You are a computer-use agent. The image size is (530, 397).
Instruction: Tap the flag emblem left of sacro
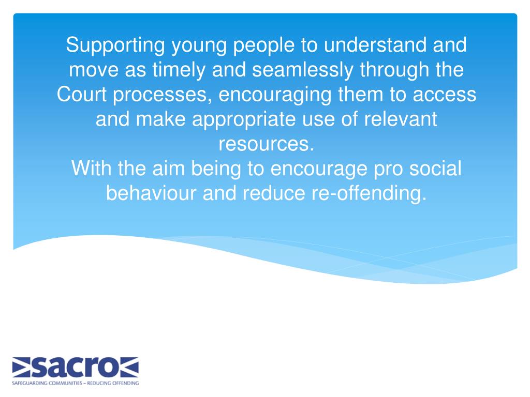coord(23,367)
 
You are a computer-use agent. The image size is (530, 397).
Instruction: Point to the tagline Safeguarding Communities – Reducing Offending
coord(75,383)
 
